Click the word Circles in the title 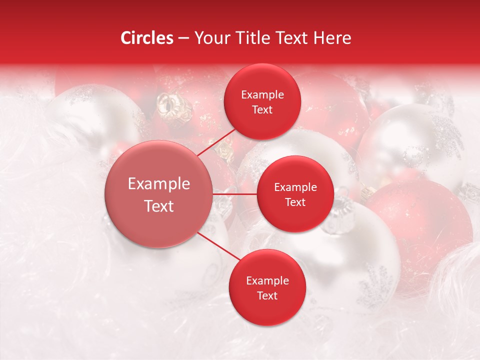pos(147,38)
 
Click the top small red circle pos(262,102)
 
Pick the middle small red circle pos(295,194)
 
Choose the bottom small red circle pos(267,287)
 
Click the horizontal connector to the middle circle pos(235,194)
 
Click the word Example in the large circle pos(159,184)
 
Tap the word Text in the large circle pos(159,206)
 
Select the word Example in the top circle pos(262,95)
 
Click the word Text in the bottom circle pos(267,295)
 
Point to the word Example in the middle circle pos(295,187)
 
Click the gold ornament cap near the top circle pos(168,106)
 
